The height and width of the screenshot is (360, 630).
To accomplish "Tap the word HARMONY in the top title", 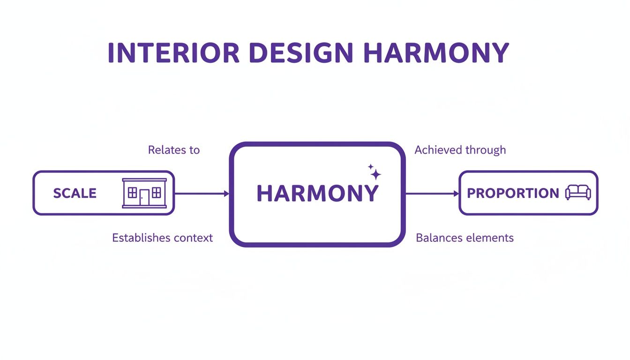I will tap(436, 53).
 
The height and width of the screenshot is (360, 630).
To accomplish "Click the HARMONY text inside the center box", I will tap(317, 193).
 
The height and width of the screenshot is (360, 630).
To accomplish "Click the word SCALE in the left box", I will tap(75, 193).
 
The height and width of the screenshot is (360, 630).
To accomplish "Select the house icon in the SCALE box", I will tap(144, 193).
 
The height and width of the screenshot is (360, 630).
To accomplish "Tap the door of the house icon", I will tap(144, 197).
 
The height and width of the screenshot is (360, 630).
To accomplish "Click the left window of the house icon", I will tap(133, 192).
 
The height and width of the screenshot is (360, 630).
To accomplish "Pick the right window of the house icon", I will tap(157, 192).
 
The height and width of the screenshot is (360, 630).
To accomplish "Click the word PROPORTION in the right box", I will tap(513, 193).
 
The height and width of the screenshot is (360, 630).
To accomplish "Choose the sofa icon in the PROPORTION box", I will tap(578, 193).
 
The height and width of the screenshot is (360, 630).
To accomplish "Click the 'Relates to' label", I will tap(174, 150).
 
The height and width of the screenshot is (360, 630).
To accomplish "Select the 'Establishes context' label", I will tap(162, 238).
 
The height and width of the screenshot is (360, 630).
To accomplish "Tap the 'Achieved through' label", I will tap(460, 150).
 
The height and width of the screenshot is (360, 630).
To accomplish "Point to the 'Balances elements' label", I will tap(465, 238).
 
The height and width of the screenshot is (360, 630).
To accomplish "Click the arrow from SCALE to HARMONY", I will tap(202, 193).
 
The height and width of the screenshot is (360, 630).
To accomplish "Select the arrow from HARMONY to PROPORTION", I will tap(432, 193).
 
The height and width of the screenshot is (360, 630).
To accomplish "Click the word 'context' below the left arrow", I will tap(193, 238).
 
